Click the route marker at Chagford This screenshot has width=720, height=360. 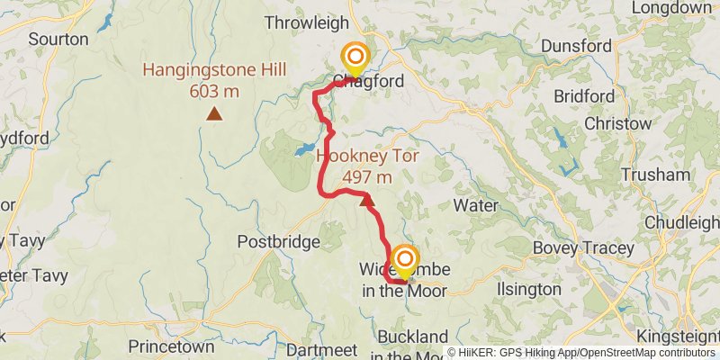coord(355,58)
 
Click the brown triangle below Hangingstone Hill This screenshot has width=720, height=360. coord(214,113)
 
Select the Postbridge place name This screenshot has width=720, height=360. coord(278,241)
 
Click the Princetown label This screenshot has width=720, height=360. coord(171,346)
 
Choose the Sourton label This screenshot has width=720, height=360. coord(58,39)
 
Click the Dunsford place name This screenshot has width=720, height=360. coord(577,46)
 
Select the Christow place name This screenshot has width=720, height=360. coord(617,122)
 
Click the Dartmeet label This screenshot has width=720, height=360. coord(314,348)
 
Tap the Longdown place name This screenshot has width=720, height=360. coord(671,8)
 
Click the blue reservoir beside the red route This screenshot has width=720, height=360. coord(304,148)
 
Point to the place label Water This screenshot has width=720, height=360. coord(475,205)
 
